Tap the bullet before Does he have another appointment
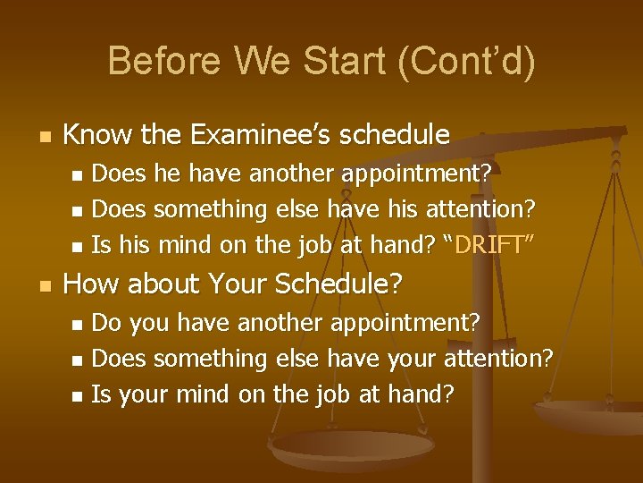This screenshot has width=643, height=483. coord(76,173)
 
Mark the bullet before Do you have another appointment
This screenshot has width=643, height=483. coord(76,322)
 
